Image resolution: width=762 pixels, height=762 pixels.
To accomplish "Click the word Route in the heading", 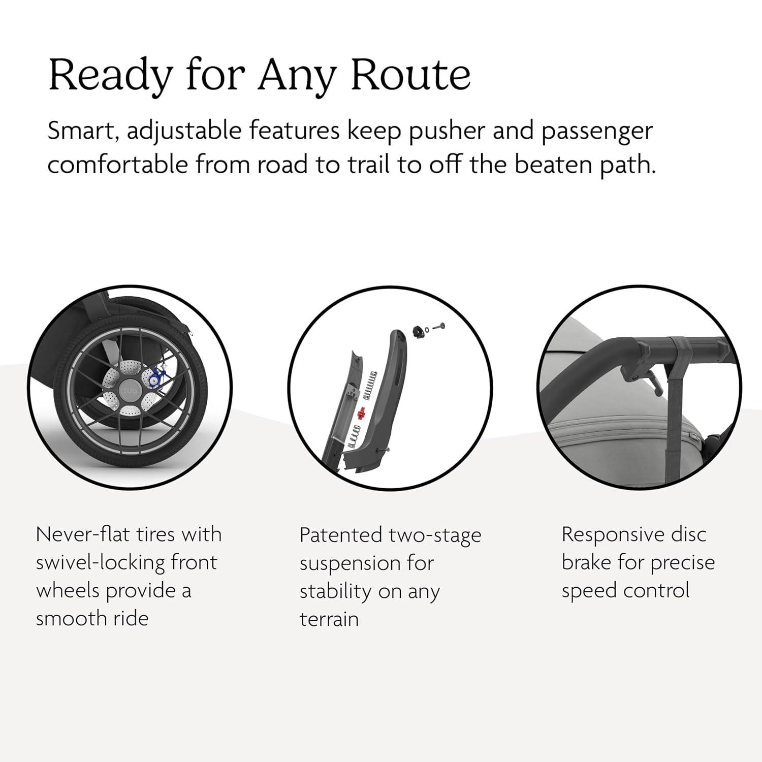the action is tap(410, 75).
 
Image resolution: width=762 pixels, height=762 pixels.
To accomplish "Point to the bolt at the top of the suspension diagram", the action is tap(438, 325).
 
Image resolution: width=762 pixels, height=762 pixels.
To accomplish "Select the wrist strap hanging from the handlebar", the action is tap(672, 401).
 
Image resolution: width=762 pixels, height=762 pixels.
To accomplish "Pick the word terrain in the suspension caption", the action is tap(329, 619).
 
